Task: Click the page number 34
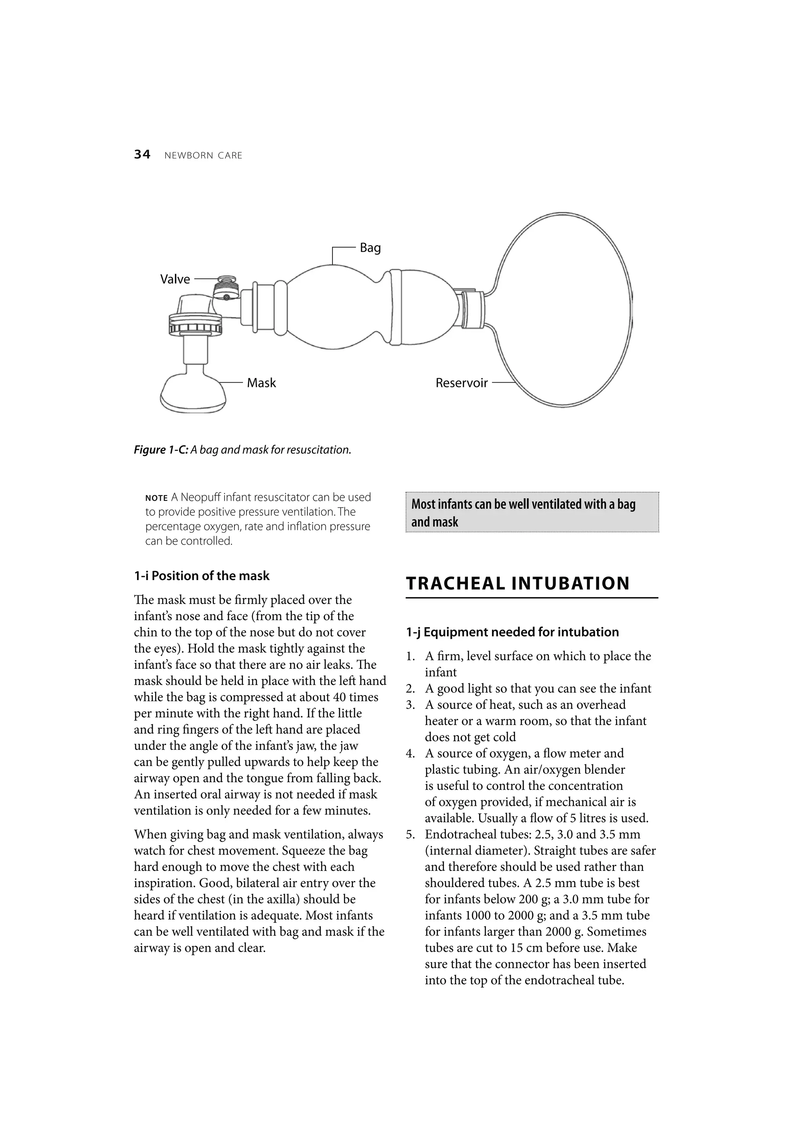pos(142,155)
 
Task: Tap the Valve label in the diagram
pos(175,279)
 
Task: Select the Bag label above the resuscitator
pos(370,248)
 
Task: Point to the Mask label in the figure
pos(261,383)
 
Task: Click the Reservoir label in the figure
pos(461,383)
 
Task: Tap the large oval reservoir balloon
pos(565,310)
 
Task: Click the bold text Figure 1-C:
pos(161,450)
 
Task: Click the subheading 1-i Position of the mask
pos(202,576)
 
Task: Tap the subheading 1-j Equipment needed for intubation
pos(512,632)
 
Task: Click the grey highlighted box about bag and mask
pos(532,513)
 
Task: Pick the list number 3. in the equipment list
pos(410,704)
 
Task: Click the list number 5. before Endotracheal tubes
pos(410,834)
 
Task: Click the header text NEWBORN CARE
pos(203,155)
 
